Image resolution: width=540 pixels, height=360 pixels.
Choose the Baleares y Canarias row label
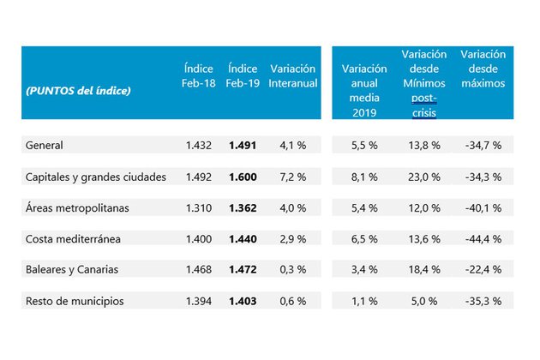click(70, 269)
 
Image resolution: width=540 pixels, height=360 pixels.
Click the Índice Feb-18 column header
click(198, 75)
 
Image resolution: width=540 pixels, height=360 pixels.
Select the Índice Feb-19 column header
click(243, 75)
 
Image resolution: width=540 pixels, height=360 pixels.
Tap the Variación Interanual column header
click(292, 75)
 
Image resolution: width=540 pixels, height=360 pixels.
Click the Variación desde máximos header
click(483, 69)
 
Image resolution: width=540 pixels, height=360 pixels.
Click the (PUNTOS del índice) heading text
click(78, 90)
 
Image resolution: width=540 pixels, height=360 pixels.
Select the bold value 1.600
click(243, 177)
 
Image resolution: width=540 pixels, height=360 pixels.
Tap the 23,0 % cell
click(423, 177)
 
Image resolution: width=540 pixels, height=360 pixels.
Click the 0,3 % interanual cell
click(292, 269)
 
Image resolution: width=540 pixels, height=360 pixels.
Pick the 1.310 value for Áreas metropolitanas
click(198, 207)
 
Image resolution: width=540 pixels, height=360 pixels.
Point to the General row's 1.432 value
click(198, 146)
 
